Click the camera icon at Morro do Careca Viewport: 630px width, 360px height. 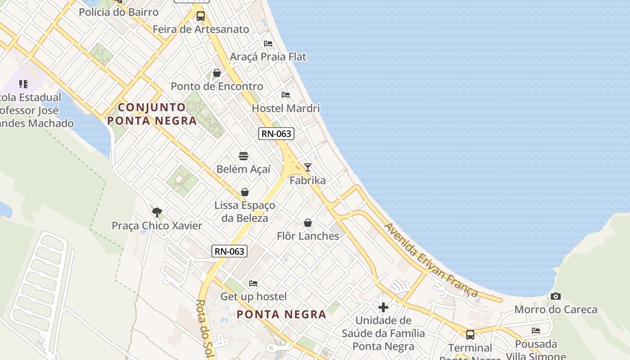click(556, 296)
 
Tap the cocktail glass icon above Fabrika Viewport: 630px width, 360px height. click(308, 167)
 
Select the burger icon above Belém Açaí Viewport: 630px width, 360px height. click(243, 156)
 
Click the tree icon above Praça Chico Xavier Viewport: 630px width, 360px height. click(157, 212)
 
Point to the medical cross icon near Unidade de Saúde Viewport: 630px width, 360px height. click(383, 307)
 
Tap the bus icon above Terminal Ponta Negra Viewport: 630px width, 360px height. click(470, 335)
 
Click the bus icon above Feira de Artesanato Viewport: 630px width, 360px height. click(201, 16)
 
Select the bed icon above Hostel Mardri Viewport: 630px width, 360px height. click(286, 95)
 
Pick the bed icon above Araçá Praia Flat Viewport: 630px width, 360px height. click(268, 44)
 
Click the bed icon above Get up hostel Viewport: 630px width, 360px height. click(253, 283)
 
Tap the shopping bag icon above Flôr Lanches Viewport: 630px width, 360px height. click(308, 223)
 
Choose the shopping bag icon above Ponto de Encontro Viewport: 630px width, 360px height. click(217, 73)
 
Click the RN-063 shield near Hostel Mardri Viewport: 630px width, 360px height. click(276, 134)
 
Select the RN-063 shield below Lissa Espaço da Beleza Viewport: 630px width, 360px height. click(229, 251)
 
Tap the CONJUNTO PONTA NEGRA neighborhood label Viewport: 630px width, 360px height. click(152, 114)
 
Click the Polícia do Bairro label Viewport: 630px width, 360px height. click(119, 12)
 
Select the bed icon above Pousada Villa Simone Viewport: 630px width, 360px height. click(536, 331)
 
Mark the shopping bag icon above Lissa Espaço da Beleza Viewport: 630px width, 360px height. click(245, 192)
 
